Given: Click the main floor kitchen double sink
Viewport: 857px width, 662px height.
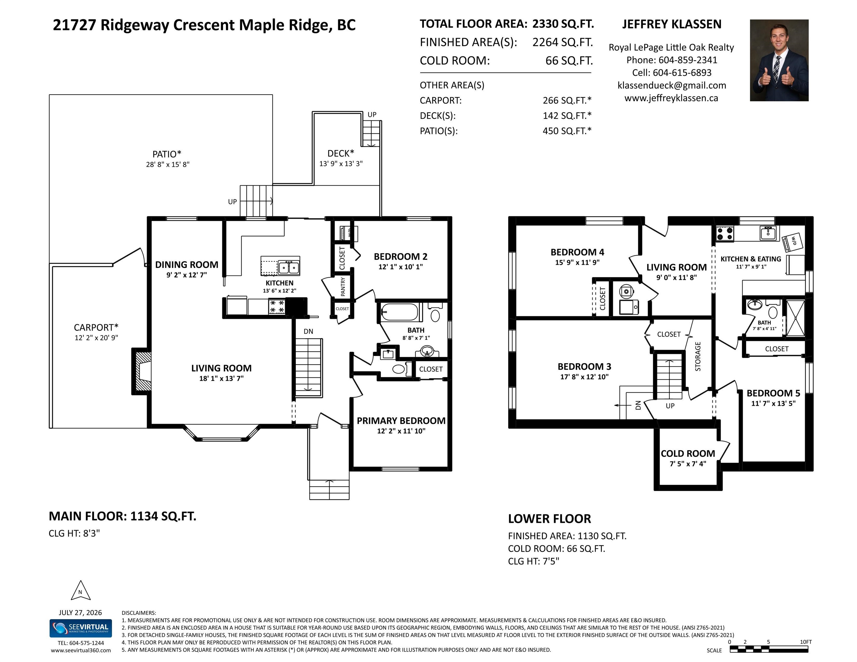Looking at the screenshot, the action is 289,268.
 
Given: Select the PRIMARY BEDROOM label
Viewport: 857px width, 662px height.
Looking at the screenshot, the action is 401,420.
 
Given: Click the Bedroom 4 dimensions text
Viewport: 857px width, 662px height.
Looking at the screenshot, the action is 577,262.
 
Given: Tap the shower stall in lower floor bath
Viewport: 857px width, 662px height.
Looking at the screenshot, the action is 795,318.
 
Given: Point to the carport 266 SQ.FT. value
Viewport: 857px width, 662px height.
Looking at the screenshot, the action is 567,100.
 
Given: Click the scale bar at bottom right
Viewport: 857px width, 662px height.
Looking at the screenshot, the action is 769,649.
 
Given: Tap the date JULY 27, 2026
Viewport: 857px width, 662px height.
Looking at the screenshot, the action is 80,613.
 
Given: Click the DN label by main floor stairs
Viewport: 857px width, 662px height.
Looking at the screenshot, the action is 308,331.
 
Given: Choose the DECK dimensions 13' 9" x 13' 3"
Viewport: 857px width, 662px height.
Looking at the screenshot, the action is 341,163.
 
